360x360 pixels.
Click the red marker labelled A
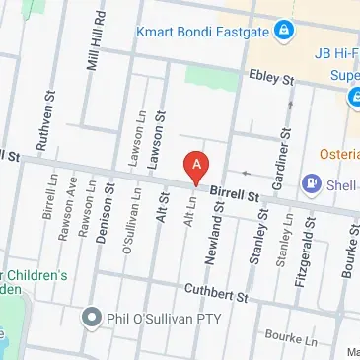click(x=197, y=166)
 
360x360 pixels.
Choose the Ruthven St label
click(x=42, y=124)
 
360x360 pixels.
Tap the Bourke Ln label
click(x=299, y=338)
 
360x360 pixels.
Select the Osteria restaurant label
click(x=338, y=155)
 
